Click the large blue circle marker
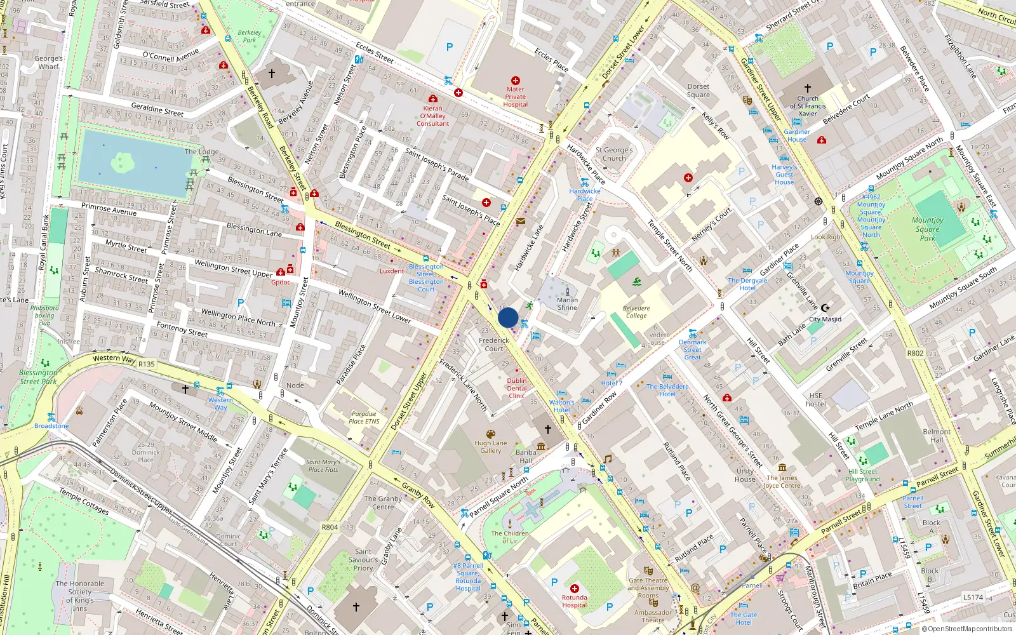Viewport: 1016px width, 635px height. [x=508, y=317]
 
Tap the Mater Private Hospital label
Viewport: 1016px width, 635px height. [x=515, y=97]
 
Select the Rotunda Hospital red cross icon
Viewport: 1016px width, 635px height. [x=574, y=589]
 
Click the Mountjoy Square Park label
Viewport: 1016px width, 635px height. [x=927, y=229]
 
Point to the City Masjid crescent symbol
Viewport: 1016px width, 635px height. [x=825, y=308]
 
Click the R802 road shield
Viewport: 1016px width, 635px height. [x=915, y=353]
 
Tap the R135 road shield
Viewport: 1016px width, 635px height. [x=147, y=364]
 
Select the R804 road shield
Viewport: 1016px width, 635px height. [x=330, y=527]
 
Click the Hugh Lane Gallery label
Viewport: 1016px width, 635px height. [x=490, y=447]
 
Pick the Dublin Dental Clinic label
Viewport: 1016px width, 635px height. [x=517, y=388]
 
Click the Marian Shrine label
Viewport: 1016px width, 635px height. [x=567, y=304]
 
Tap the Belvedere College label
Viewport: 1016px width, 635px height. [x=636, y=312]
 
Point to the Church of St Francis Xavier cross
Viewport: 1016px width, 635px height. [x=808, y=88]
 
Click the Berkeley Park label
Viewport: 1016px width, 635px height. [x=249, y=36]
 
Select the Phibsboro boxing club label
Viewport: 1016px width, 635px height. [x=44, y=315]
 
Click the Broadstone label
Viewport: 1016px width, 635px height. [x=51, y=426]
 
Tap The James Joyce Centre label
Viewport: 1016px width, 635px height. [x=782, y=481]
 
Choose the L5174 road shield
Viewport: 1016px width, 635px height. [x=973, y=597]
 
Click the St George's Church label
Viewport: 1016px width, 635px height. [x=614, y=154]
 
